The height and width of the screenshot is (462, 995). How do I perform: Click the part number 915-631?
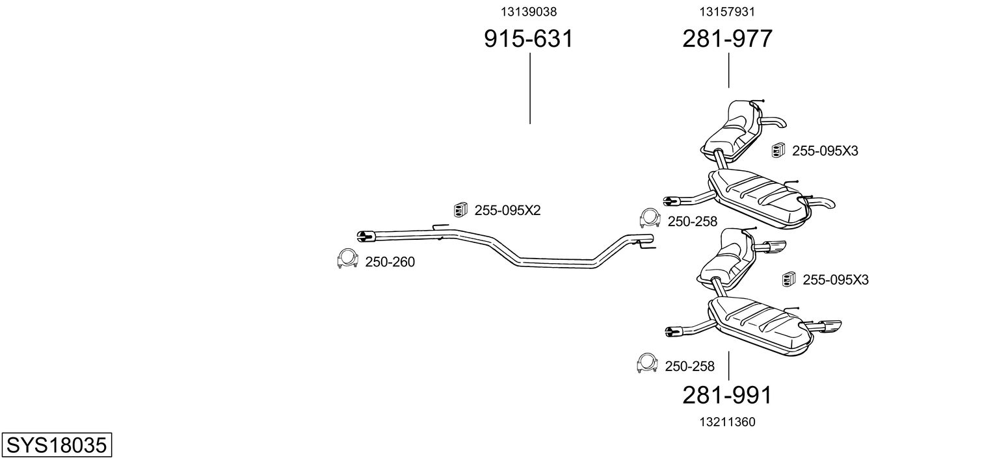click(x=529, y=38)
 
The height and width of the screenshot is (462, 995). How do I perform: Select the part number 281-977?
click(x=727, y=38)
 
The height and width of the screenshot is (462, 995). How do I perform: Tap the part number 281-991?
click(x=727, y=395)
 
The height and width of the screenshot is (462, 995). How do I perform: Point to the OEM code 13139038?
click(x=529, y=12)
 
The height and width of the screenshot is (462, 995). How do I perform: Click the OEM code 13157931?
click(x=727, y=12)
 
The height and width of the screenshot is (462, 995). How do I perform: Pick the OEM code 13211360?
click(x=727, y=422)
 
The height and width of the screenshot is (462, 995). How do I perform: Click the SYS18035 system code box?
click(x=57, y=444)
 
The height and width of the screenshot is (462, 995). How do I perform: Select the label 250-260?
click(x=390, y=262)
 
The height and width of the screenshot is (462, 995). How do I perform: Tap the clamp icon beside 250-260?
click(x=347, y=259)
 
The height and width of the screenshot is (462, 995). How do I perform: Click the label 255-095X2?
click(x=507, y=211)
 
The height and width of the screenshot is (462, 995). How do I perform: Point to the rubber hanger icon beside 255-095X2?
click(x=460, y=209)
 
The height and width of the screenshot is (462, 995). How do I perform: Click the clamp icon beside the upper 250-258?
click(x=650, y=218)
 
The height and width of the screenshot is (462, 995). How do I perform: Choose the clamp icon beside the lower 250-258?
click(x=646, y=363)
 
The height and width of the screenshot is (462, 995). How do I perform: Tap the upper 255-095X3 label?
click(x=825, y=151)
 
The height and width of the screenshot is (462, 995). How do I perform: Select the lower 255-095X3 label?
click(x=835, y=279)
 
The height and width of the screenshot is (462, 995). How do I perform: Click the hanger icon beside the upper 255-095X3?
click(x=778, y=150)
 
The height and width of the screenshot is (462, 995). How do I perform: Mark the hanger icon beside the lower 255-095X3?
click(x=788, y=279)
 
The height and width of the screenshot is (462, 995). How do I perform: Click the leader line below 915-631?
click(x=530, y=88)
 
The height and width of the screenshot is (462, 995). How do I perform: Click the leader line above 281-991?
click(x=728, y=366)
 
